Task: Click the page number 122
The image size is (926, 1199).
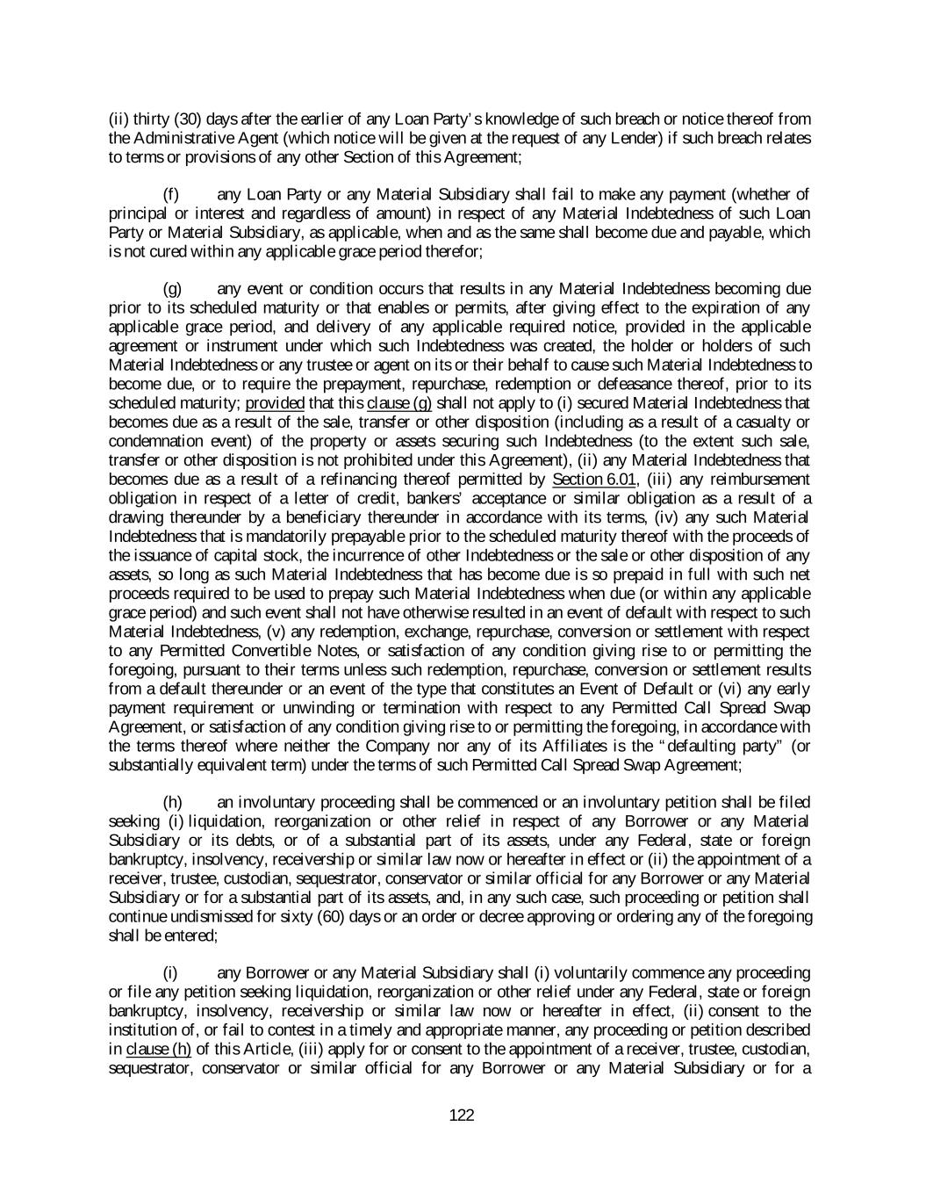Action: point(462,1116)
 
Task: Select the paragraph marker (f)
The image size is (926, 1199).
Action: point(172,194)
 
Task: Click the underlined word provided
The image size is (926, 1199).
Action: point(275,403)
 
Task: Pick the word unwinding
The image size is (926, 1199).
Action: point(323,708)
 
